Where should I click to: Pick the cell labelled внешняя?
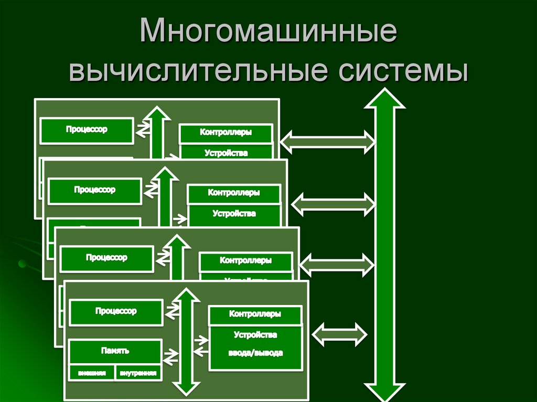92,373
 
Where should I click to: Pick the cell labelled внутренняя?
138,373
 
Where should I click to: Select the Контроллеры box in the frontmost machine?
255,314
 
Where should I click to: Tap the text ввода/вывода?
255,353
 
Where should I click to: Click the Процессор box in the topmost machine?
87,130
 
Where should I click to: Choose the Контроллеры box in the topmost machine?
225,133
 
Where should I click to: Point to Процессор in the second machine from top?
94,190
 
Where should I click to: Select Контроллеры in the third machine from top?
245,260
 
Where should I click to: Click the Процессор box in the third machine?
106,258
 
